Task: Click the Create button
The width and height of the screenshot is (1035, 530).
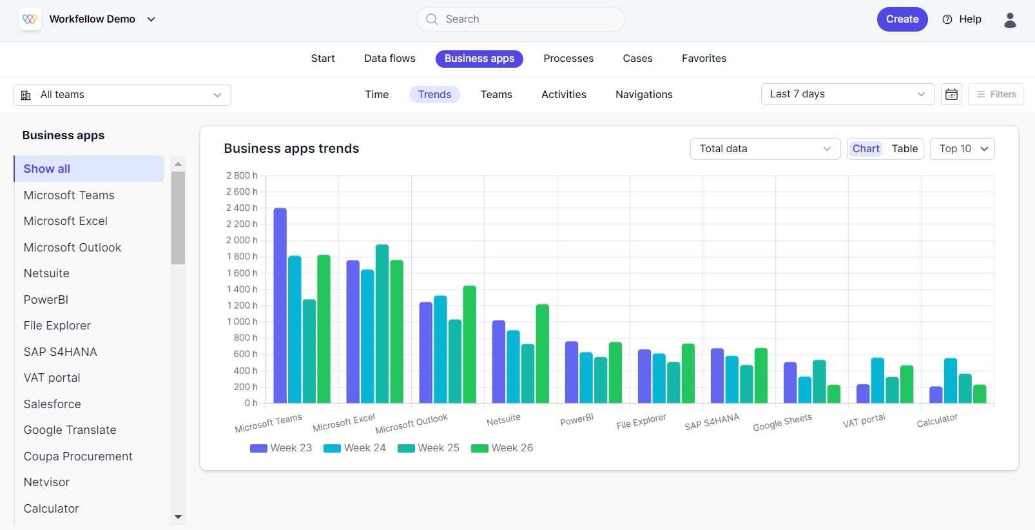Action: (902, 19)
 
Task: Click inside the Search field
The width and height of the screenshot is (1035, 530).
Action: (520, 19)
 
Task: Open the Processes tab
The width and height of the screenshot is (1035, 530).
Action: (568, 59)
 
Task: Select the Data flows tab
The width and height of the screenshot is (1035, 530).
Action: (389, 59)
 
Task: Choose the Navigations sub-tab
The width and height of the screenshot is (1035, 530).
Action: (643, 95)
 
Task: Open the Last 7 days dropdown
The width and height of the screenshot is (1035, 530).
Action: (847, 94)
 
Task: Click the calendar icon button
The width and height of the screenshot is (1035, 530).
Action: (951, 95)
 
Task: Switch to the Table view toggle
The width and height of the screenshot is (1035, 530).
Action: (904, 149)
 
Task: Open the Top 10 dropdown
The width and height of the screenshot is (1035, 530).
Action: (962, 149)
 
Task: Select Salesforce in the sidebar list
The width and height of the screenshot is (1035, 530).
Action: (52, 404)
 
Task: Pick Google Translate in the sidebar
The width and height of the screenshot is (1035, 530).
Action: (70, 430)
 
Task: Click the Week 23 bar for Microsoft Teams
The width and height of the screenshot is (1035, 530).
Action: (280, 306)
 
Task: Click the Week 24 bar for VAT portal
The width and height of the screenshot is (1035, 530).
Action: (877, 380)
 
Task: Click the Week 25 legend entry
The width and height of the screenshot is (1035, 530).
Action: (429, 448)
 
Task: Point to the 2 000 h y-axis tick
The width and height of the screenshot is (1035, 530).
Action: (242, 240)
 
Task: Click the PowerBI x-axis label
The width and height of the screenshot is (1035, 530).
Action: (577, 420)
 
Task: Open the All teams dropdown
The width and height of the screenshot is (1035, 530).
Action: (122, 95)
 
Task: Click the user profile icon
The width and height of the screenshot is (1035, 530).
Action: (1010, 20)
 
